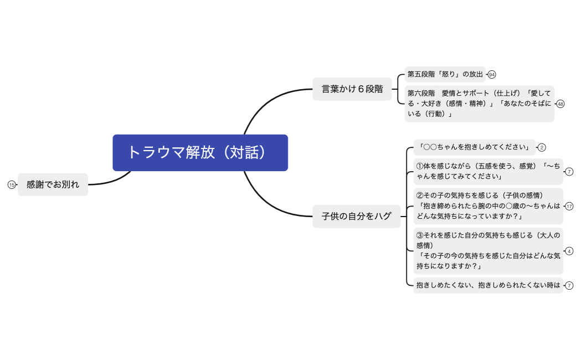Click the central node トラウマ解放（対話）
coord(200,152)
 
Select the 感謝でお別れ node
coord(53,185)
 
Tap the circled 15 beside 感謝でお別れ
coord(12,185)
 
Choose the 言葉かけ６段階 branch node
coord(352,89)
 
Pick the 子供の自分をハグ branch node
coord(356,216)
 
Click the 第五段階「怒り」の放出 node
coord(445,74)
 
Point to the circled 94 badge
coord(492,74)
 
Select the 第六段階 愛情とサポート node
coord(479,104)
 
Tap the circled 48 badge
coord(561,104)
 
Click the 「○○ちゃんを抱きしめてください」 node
coord(474,147)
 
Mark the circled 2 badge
coord(542,147)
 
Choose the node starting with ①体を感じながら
coord(488,171)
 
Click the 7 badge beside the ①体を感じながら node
coord(569,171)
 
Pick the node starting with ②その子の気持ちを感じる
coord(488,205)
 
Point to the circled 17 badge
coord(569,206)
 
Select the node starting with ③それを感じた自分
coord(488,250)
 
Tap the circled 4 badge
coord(569,251)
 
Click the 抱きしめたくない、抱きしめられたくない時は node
coord(488,286)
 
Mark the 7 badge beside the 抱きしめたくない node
coord(569,286)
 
